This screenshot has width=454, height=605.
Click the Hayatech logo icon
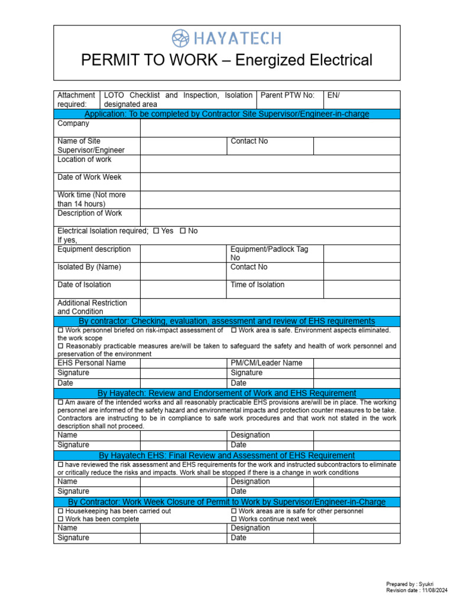click(180, 38)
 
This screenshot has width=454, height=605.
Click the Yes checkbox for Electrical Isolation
click(155, 231)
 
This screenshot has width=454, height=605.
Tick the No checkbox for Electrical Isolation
click(183, 231)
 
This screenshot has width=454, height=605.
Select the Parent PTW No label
click(287, 95)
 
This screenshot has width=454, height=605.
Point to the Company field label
click(73, 123)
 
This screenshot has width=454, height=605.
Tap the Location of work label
click(85, 160)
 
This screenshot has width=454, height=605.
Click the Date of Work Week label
click(89, 177)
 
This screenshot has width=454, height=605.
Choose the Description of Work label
click(90, 213)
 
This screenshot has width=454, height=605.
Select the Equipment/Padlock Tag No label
click(269, 253)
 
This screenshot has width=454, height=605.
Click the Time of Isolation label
click(257, 285)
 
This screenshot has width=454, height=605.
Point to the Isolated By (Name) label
click(89, 267)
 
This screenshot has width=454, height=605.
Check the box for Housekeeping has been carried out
click(60, 511)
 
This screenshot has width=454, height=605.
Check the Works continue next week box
click(234, 519)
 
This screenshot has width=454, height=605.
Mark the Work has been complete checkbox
click(60, 519)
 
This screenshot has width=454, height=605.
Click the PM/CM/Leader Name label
click(266, 363)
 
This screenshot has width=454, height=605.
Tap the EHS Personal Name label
click(92, 363)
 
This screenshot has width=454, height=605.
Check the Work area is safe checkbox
click(234, 330)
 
